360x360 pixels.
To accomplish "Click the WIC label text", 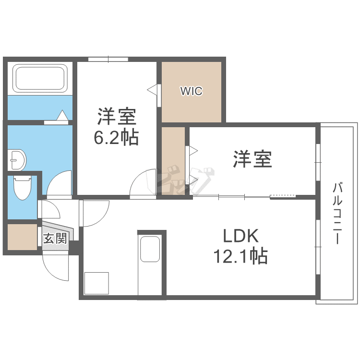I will point(192,91).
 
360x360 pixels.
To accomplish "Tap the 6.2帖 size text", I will point(116,137).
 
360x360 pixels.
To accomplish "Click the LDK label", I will point(240,236).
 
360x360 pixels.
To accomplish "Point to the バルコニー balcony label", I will point(337,213).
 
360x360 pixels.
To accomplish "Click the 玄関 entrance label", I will point(55,238).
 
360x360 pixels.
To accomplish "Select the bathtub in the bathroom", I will point(40,78).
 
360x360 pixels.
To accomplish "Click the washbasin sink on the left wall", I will point(17,159).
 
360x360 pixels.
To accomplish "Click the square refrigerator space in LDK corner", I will point(96,283).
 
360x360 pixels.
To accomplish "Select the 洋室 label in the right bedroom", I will point(252,159).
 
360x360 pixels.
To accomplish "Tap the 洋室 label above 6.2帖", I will point(117,117).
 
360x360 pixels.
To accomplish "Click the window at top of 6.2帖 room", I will point(108,60).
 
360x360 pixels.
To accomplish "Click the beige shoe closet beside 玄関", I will point(22,237).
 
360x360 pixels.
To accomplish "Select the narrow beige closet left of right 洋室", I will point(173,160).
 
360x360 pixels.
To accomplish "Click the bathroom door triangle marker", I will point(62,116).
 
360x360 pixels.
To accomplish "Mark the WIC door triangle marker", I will point(153,89).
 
